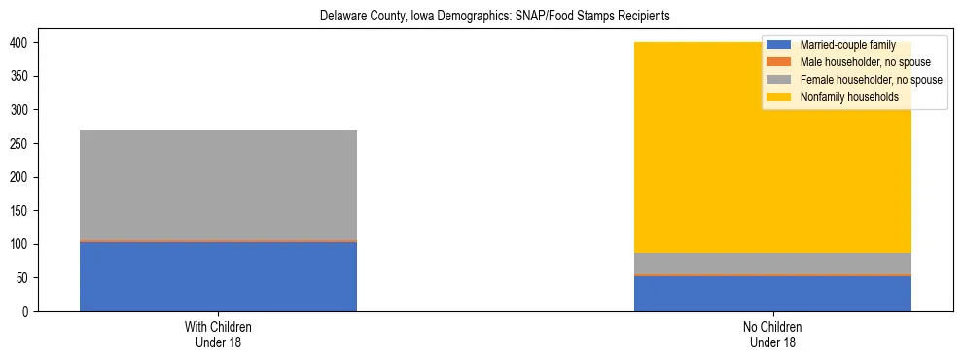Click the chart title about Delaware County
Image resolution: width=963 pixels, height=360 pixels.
[495, 17]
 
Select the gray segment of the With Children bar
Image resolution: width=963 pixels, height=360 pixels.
[218, 185]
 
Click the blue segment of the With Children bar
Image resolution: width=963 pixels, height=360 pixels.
[218, 276]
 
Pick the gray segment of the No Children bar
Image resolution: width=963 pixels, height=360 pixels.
[772, 264]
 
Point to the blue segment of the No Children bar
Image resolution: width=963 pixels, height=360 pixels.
[772, 294]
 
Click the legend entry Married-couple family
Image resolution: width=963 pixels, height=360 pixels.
[845, 45]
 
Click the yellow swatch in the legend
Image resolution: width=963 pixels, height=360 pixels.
[779, 97]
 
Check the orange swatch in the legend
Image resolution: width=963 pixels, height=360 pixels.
[779, 62]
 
